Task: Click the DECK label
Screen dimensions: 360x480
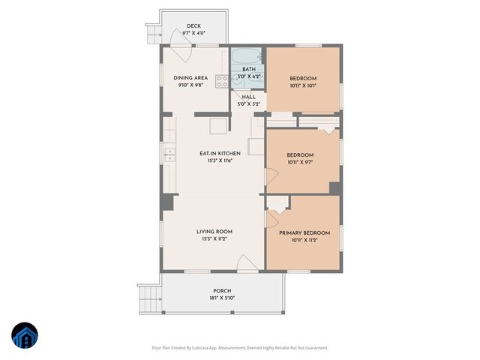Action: click(x=193, y=25)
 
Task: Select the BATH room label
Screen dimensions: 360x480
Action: click(x=248, y=69)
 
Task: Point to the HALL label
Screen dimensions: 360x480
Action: click(x=248, y=97)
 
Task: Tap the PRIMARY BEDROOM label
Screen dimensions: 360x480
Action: click(x=304, y=233)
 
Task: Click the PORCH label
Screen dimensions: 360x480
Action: click(x=222, y=291)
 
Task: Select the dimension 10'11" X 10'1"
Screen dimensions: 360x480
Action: click(x=303, y=86)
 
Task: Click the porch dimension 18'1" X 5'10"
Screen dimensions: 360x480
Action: click(x=222, y=298)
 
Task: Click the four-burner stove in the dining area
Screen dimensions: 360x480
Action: click(x=222, y=81)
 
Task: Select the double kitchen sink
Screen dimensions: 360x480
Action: click(x=169, y=155)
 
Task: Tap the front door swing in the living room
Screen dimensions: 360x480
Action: click(x=245, y=262)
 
